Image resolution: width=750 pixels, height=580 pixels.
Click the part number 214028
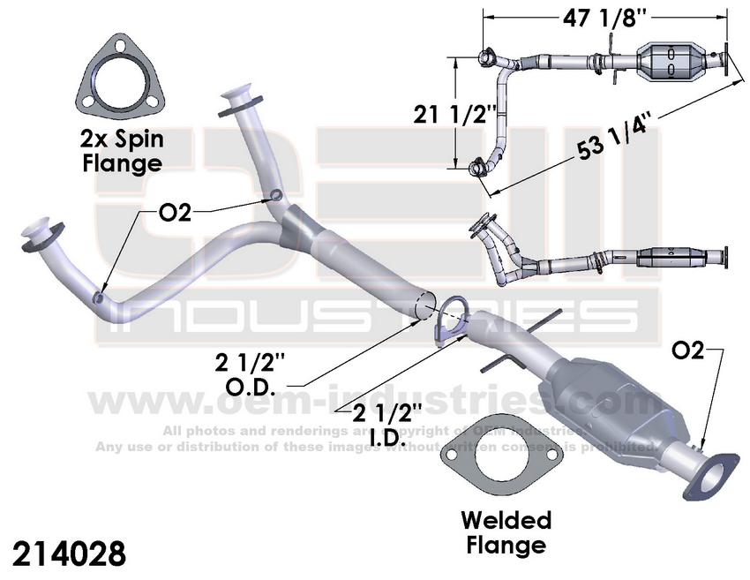(x=70, y=553)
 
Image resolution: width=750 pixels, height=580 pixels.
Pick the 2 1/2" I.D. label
(x=386, y=422)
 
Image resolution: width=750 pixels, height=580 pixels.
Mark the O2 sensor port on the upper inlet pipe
(x=276, y=194)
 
